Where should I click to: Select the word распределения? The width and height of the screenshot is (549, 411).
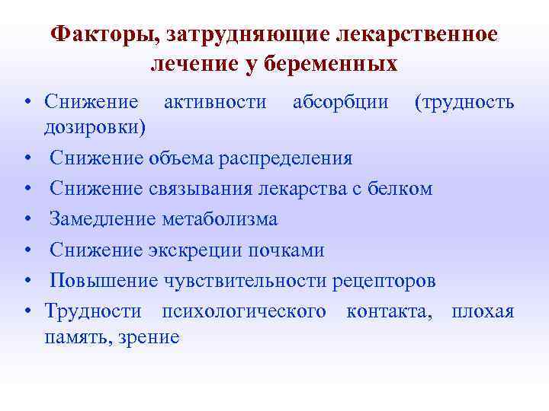[285, 158]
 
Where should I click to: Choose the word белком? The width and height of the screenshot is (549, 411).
[400, 188]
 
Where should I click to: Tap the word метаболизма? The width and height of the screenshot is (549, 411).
[220, 219]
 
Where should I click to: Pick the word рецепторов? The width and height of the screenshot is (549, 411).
[385, 281]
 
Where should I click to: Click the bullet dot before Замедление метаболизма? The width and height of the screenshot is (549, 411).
[27, 220]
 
